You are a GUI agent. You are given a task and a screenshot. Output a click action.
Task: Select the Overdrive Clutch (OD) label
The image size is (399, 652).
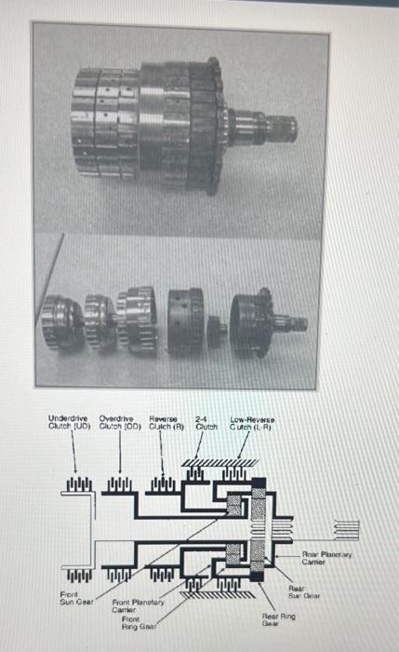pos(120,424)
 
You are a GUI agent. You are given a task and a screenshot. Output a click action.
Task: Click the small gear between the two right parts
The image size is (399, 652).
pos(218,327)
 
